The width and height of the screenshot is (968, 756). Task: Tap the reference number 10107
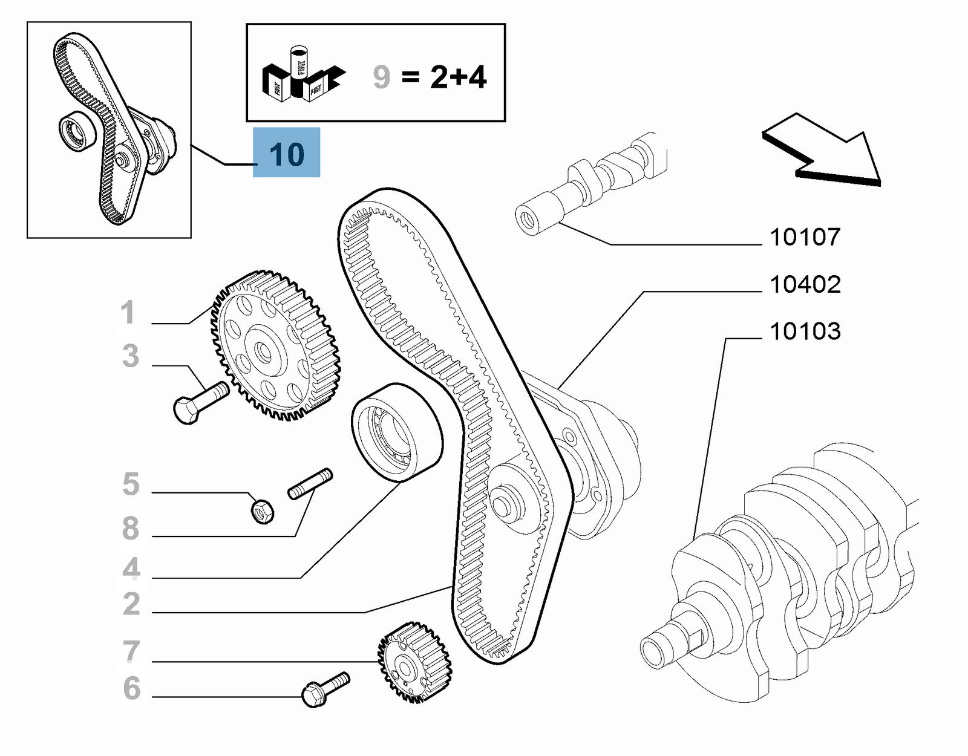(x=805, y=237)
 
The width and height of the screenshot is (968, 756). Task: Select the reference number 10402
(x=805, y=284)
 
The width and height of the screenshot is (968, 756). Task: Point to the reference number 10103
(x=805, y=331)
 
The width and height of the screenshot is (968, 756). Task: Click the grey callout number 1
(x=127, y=313)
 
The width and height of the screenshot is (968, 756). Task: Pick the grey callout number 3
(x=130, y=356)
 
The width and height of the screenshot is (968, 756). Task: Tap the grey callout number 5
(x=131, y=484)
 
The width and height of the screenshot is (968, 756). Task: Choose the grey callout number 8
(x=131, y=528)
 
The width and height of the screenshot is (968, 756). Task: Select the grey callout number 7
(x=131, y=651)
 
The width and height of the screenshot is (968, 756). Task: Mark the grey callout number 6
(x=131, y=688)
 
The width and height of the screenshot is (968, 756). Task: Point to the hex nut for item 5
(x=263, y=512)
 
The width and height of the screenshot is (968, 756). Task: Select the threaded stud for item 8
(x=310, y=484)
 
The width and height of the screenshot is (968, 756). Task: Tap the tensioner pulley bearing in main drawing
(x=396, y=432)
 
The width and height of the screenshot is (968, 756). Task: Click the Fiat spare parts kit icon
(x=302, y=76)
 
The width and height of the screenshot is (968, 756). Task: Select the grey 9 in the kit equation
(x=381, y=77)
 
